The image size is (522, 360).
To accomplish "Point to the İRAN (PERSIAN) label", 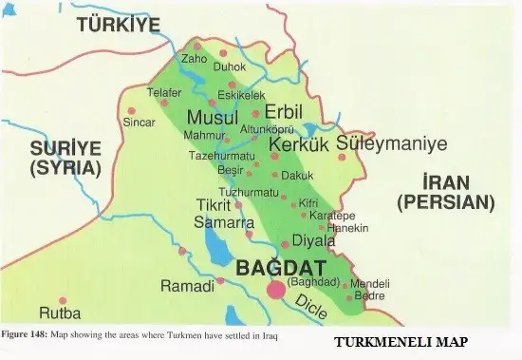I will pyautogui.click(x=445, y=191).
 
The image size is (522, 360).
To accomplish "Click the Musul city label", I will pyautogui.click(x=212, y=118).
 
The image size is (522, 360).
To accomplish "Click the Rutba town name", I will pyautogui.click(x=60, y=313).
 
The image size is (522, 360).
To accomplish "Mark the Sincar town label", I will pyautogui.click(x=141, y=123).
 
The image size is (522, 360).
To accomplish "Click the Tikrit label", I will pyautogui.click(x=214, y=204).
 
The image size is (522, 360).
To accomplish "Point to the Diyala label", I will pyautogui.click(x=314, y=240).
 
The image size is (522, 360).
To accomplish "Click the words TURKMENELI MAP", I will pyautogui.click(x=401, y=342).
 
